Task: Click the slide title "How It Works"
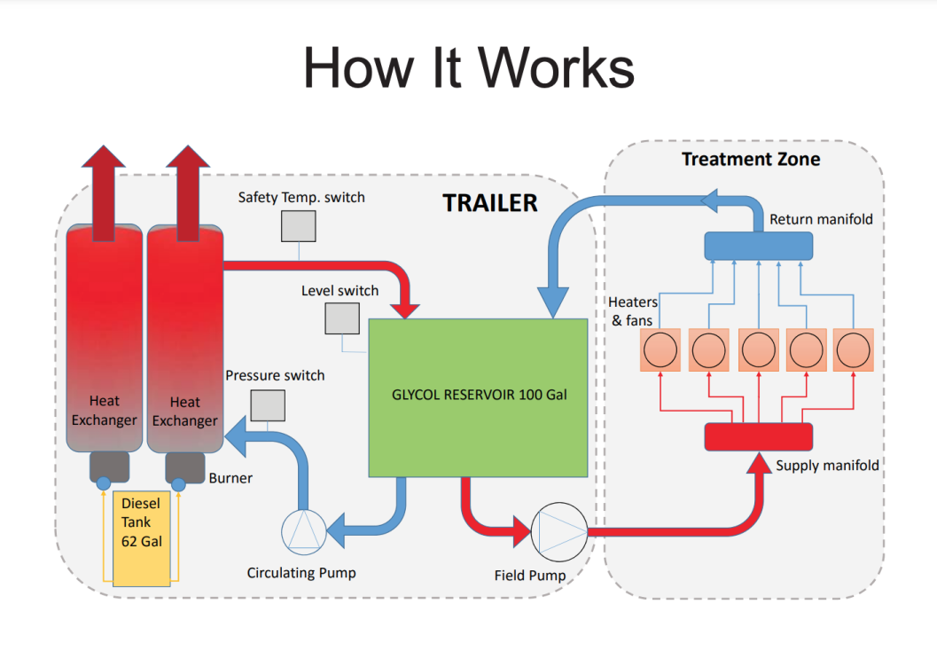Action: [468, 67]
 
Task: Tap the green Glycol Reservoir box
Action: [478, 396]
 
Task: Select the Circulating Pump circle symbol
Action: [303, 532]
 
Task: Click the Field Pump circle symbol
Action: [558, 532]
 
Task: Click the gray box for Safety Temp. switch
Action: [299, 226]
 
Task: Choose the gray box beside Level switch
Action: [341, 318]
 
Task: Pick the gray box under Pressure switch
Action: [268, 404]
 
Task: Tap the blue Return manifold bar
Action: [758, 246]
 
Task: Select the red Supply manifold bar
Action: [758, 436]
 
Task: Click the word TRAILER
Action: [489, 203]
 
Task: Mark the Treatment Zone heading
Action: [750, 160]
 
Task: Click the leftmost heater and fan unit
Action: [660, 350]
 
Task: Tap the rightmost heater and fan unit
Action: [853, 350]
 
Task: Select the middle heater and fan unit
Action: [757, 350]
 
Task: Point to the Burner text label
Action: [230, 478]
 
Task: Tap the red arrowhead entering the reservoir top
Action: [407, 307]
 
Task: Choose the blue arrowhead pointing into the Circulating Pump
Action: [338, 532]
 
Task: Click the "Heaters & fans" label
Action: [633, 311]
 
